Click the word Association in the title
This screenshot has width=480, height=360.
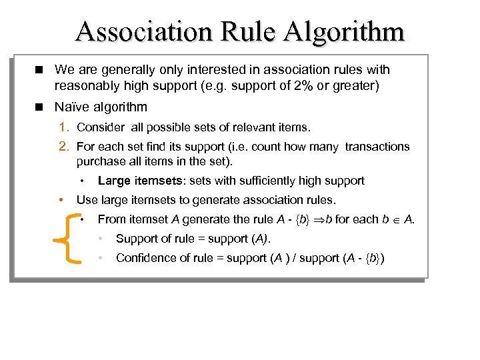[x=140, y=31]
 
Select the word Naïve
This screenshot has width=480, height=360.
[x=71, y=107]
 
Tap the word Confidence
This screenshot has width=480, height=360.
[x=144, y=258]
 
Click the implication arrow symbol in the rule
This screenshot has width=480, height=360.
[x=318, y=219]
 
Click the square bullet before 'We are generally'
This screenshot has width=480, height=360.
[x=41, y=69]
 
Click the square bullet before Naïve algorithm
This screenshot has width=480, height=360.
[x=41, y=107]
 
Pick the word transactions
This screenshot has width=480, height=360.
[x=377, y=147]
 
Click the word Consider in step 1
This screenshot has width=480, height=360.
[x=99, y=127]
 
